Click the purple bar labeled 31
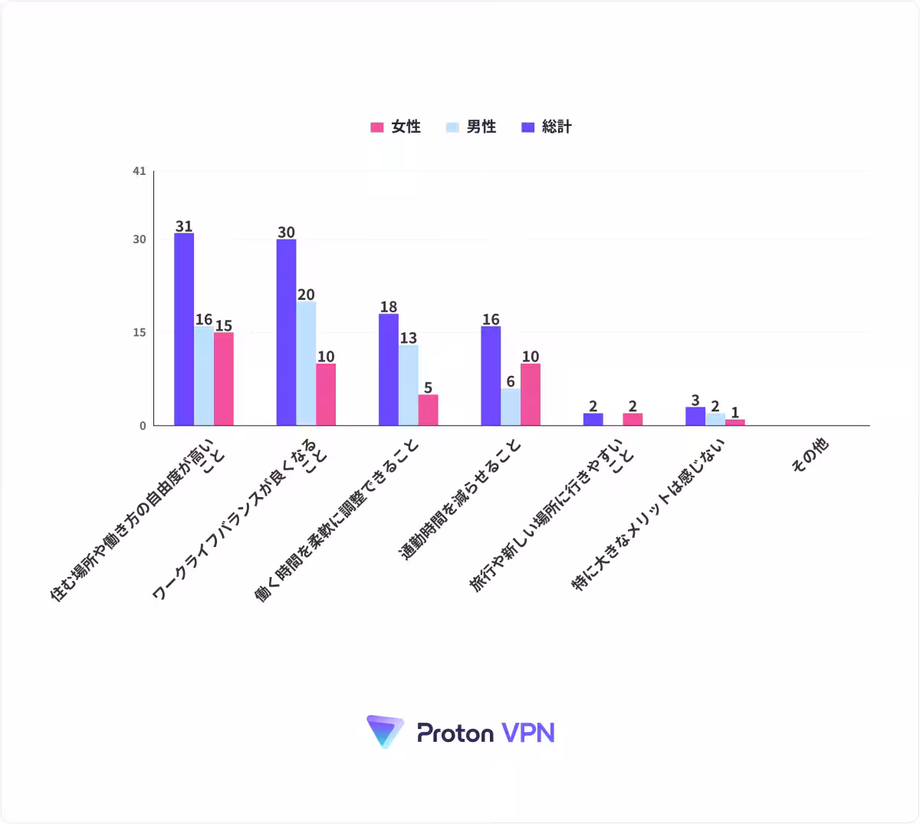(x=184, y=329)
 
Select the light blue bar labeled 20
(x=306, y=364)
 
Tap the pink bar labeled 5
(x=429, y=410)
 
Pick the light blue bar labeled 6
(x=511, y=407)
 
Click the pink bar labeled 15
(x=224, y=379)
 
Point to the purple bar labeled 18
(x=389, y=370)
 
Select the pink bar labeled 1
(x=735, y=423)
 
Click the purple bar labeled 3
(x=695, y=417)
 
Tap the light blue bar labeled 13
(x=409, y=385)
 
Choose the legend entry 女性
(x=396, y=127)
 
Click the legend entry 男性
(x=471, y=127)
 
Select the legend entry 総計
(x=547, y=127)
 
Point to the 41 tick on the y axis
(x=140, y=171)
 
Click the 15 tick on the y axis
(x=140, y=333)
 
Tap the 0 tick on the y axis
(x=143, y=426)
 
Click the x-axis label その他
(x=810, y=455)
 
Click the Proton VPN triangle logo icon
(x=385, y=732)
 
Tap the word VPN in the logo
(x=528, y=733)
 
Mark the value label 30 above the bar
(x=287, y=232)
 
